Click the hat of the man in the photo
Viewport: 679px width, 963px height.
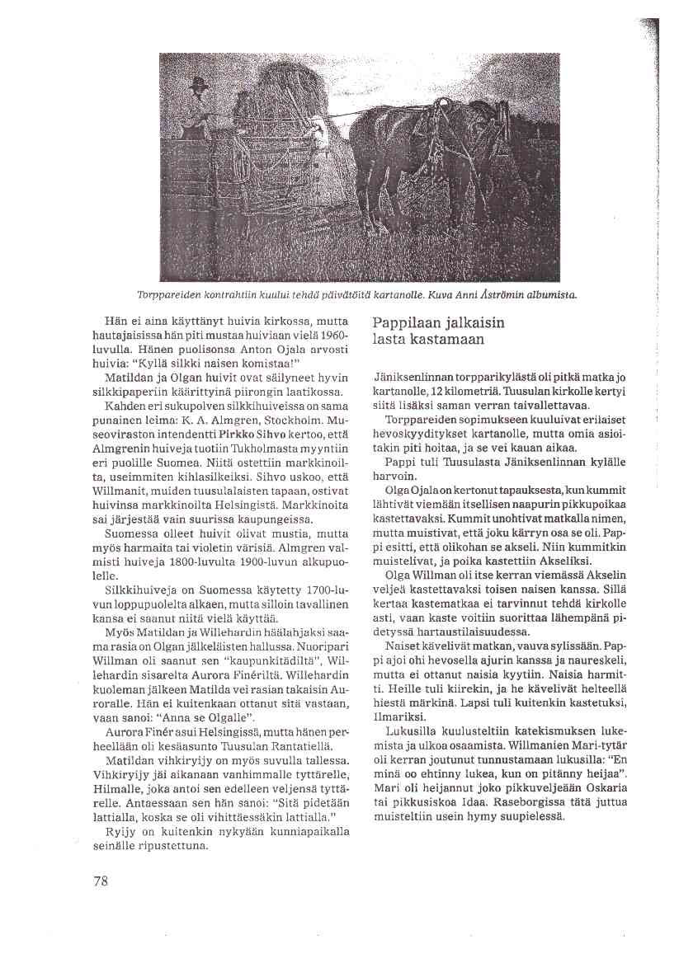pos(197,82)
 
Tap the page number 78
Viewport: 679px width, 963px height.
pos(101,881)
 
